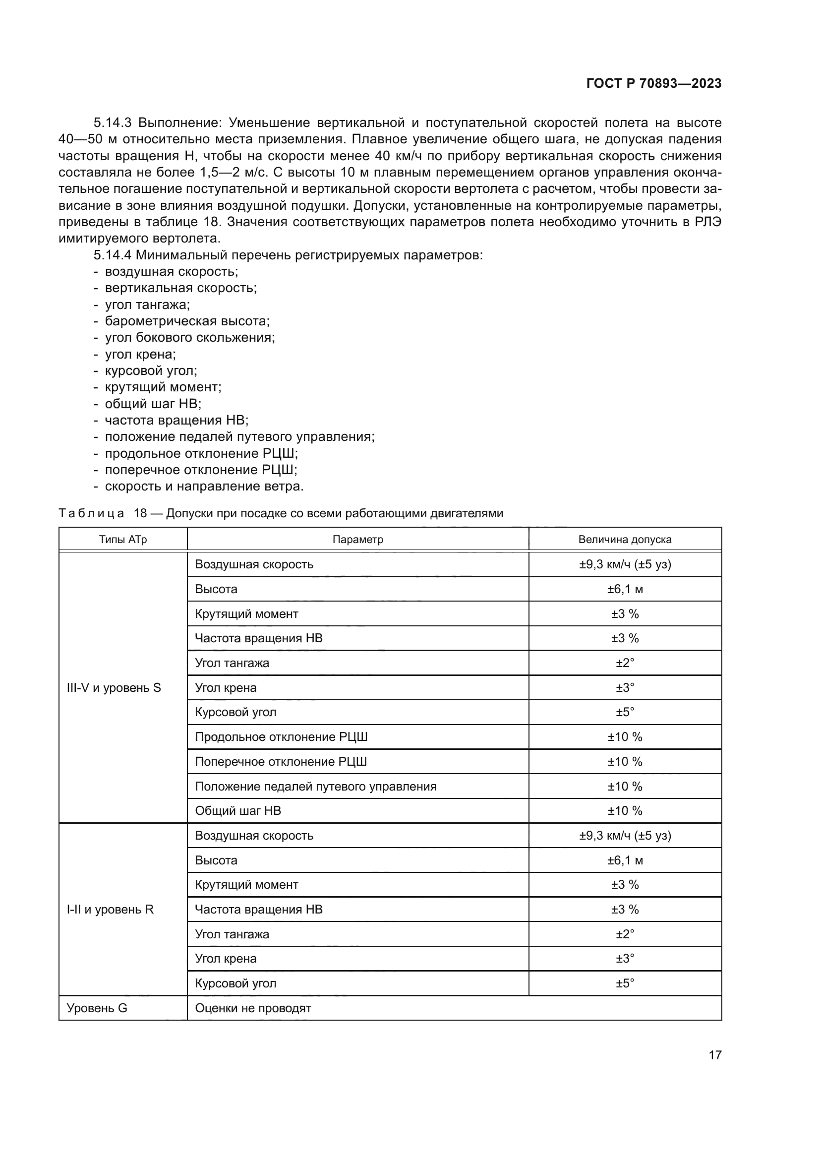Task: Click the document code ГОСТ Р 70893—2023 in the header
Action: click(653, 84)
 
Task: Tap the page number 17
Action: click(714, 1055)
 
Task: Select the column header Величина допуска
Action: click(625, 540)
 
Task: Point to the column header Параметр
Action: click(357, 540)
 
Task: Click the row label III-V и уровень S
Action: click(114, 687)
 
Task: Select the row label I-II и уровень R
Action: click(110, 910)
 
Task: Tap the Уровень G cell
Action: click(97, 1008)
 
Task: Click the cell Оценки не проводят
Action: click(253, 1008)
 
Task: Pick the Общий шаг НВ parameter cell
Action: click(238, 811)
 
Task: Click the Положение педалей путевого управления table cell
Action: click(316, 786)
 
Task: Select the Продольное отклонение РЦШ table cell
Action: click(281, 737)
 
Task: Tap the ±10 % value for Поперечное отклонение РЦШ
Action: click(625, 761)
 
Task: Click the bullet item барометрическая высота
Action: click(187, 321)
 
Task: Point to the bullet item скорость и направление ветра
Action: click(204, 487)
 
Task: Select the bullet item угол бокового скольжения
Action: click(189, 338)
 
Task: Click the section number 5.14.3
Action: click(112, 123)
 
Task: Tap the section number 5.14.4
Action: click(112, 255)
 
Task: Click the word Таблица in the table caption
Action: click(91, 513)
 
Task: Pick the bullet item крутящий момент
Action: click(163, 387)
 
